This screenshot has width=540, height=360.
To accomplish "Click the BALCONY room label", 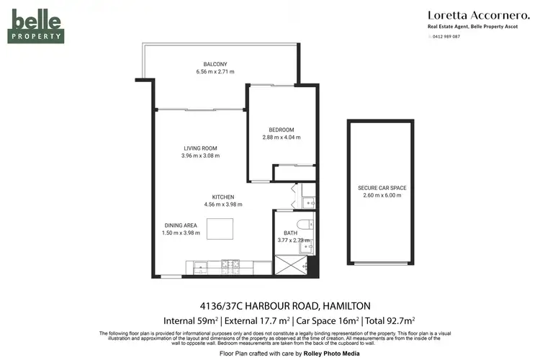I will [215, 64].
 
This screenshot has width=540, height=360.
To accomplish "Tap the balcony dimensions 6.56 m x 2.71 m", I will [215, 72].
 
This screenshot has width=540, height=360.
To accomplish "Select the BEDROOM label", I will [281, 130].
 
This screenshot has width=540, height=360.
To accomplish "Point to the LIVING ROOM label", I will [200, 148].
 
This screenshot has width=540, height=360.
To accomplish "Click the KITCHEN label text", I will [222, 197].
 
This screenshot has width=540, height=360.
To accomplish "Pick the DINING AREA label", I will [179, 225].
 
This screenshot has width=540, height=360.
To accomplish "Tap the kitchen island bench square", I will [220, 228].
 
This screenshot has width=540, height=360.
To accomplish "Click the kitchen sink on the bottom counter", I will [197, 267].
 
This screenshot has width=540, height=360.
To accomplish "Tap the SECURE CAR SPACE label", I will [382, 188].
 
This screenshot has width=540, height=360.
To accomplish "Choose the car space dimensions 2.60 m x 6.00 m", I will [382, 196].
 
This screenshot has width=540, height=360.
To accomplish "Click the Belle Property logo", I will [36, 27].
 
